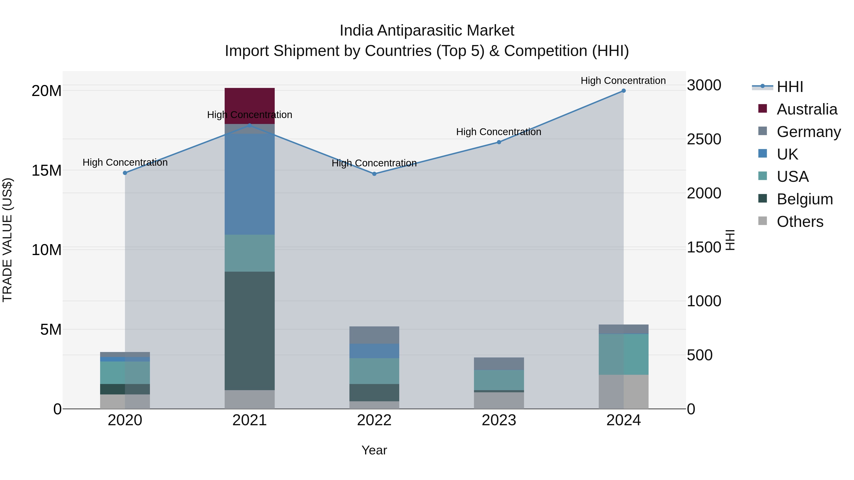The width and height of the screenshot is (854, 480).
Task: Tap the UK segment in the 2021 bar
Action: click(249, 184)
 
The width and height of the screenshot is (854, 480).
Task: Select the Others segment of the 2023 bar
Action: click(499, 401)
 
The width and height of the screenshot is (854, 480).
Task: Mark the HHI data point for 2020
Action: click(125, 173)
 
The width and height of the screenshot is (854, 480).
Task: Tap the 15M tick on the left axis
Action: click(46, 171)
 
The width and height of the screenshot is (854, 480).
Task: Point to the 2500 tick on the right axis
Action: click(704, 139)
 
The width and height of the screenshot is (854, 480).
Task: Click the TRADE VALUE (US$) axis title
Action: click(7, 240)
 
